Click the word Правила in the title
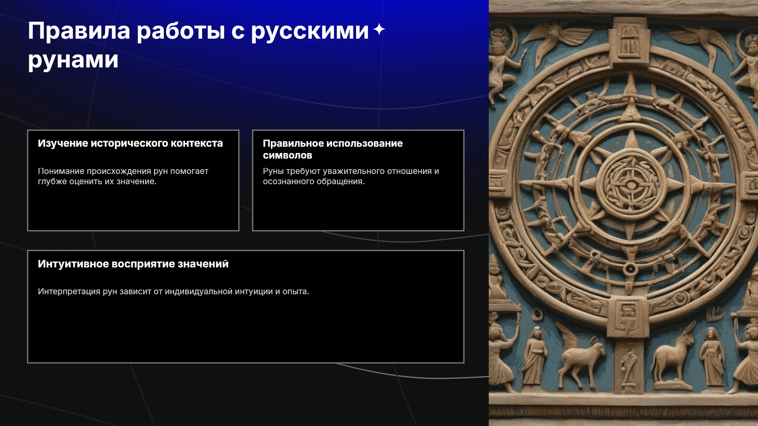tap(79, 31)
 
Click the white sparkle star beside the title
tap(379, 29)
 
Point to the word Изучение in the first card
tap(63, 144)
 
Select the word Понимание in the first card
tap(61, 171)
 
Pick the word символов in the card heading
tap(287, 155)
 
